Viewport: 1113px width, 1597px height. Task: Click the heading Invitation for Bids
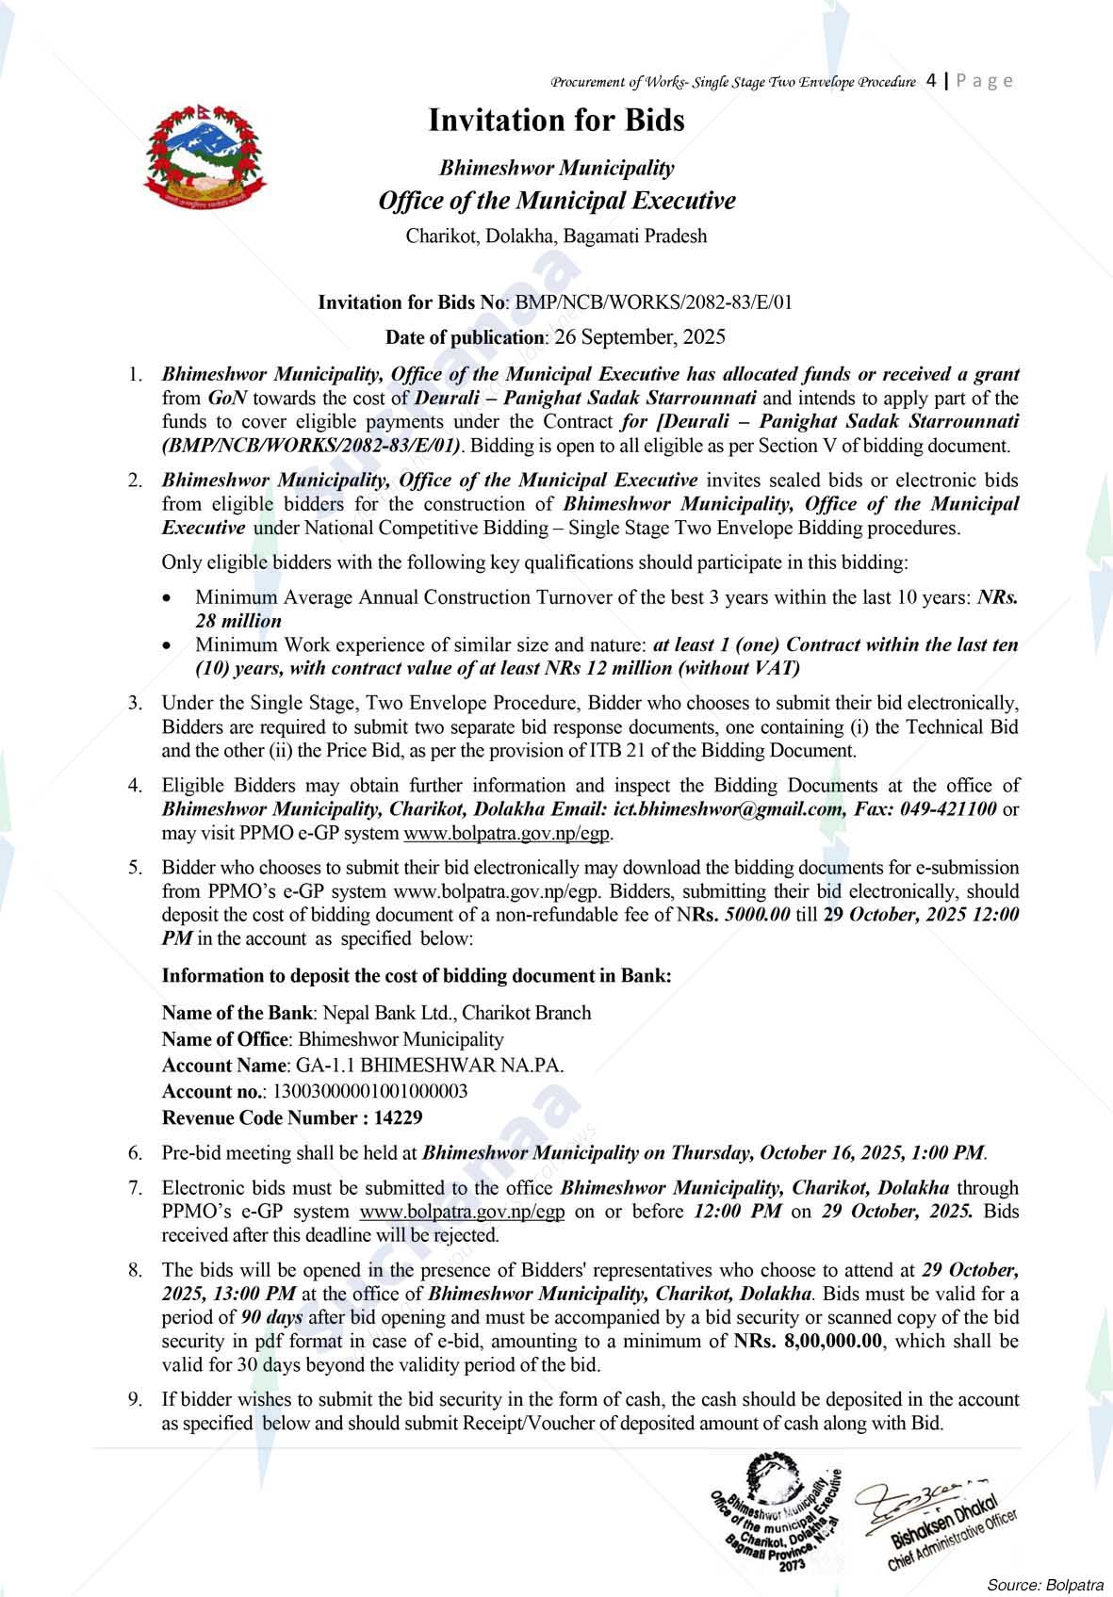point(556,121)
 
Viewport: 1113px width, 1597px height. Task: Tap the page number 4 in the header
point(931,80)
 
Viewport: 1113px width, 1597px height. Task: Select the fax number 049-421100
point(949,809)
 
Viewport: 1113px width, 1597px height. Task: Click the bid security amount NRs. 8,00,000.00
point(810,1341)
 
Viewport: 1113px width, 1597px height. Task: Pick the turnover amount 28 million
point(238,621)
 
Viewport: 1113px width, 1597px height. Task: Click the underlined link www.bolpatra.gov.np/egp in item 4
point(508,833)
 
